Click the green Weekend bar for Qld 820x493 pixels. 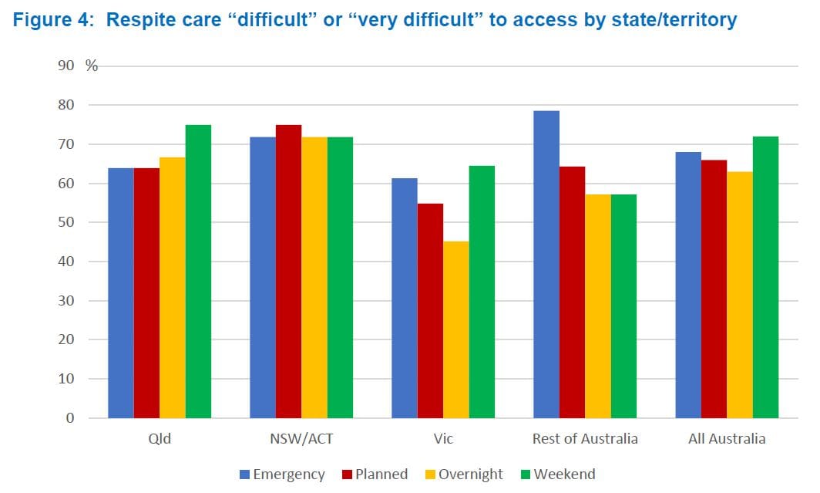(198, 272)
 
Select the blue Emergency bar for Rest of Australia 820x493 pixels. (546, 265)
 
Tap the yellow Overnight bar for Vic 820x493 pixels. (456, 329)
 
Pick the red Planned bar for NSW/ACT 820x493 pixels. (288, 272)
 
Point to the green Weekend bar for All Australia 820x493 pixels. (765, 277)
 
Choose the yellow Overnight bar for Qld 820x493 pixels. (172, 288)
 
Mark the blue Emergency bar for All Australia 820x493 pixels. (688, 285)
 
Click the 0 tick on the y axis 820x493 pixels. (71, 418)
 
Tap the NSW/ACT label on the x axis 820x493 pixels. (301, 439)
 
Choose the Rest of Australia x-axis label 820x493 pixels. (585, 439)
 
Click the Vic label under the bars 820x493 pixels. (443, 439)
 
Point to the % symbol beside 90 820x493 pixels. (92, 66)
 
